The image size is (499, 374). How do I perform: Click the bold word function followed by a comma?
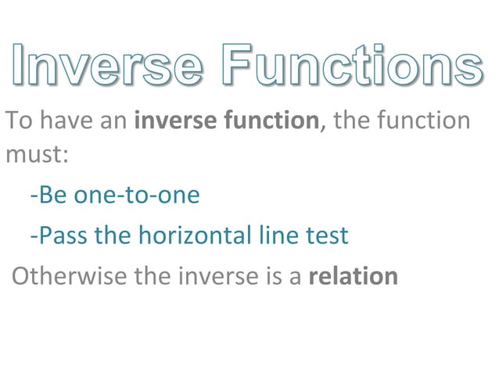pos(268,121)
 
